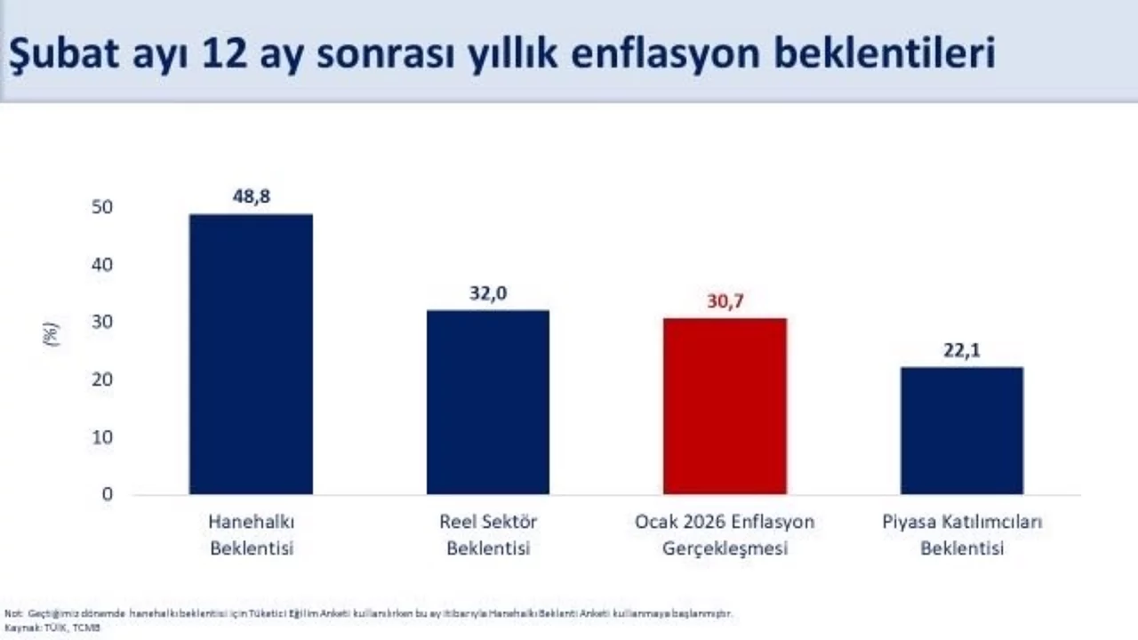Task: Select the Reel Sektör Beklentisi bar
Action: (x=488, y=402)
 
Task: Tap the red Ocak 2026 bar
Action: (x=725, y=405)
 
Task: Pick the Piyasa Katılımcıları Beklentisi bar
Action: (x=962, y=430)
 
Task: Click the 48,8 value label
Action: (x=251, y=197)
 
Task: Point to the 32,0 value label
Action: (x=488, y=293)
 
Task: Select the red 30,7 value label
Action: (x=725, y=301)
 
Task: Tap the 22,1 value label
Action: (x=962, y=350)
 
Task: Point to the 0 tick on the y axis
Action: (x=108, y=494)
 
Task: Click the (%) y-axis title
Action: (x=52, y=334)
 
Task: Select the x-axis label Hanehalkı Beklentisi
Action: (x=252, y=534)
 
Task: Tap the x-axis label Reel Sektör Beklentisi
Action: (x=488, y=534)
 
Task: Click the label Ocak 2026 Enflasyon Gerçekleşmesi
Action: (x=725, y=534)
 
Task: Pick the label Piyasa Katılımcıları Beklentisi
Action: (x=962, y=534)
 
